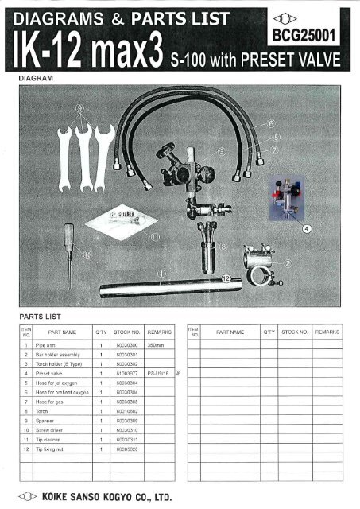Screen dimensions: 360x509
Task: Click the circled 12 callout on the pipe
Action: tap(226, 278)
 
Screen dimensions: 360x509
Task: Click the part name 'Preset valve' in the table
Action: tap(52, 371)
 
